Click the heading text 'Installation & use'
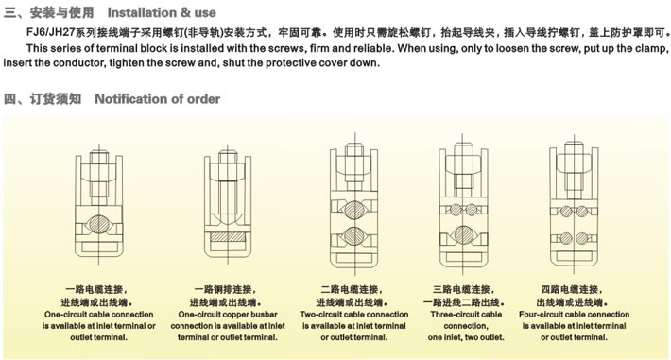[x=162, y=13]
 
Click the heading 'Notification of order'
[x=157, y=99]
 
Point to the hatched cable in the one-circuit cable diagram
[x=99, y=224]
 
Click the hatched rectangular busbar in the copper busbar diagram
[x=228, y=237]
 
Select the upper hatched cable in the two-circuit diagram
[x=354, y=211]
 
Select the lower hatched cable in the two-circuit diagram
[x=354, y=236]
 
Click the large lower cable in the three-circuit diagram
[x=463, y=234]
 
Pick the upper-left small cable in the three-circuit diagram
[x=456, y=210]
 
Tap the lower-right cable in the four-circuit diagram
[x=581, y=238]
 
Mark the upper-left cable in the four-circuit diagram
[x=566, y=211]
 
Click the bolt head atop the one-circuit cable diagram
[x=99, y=157]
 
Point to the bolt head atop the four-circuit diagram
[x=574, y=148]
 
